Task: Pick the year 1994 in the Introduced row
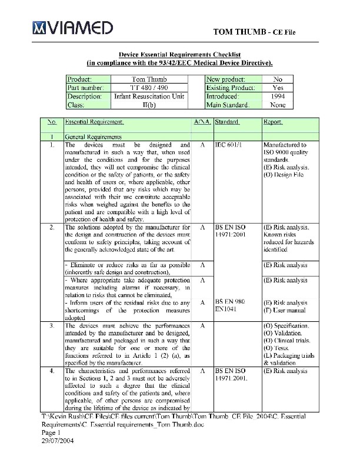click(278, 96)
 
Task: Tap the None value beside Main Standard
click(278, 105)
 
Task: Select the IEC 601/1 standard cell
click(226, 144)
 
